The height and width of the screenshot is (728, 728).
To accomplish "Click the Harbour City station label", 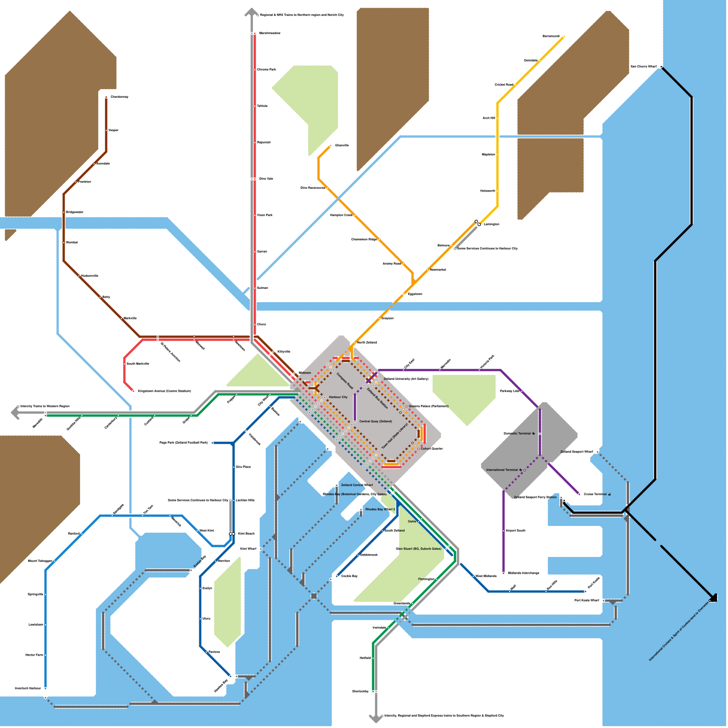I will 338,397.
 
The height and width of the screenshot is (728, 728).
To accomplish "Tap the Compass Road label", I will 344,381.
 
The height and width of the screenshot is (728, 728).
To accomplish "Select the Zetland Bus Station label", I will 377,398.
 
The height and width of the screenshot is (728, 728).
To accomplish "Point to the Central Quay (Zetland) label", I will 375,421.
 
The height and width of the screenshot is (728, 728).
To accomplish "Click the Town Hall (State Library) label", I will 394,436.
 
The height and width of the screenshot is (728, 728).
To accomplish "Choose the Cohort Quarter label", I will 431,449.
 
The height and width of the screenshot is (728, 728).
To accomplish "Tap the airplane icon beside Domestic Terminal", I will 534,434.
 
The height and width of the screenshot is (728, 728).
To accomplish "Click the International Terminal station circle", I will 525,470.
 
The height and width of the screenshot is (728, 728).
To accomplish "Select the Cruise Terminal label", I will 595,494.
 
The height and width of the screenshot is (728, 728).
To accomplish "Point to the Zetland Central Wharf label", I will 357,485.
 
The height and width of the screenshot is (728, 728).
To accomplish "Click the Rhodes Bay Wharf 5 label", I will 380,509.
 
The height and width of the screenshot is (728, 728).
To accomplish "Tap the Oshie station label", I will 412,521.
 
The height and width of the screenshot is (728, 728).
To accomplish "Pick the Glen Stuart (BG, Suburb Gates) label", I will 419,549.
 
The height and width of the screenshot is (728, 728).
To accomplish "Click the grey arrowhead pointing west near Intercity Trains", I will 14,413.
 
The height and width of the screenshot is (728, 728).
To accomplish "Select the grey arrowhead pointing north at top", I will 251,12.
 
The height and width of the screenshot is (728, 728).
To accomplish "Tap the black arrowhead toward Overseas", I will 713,598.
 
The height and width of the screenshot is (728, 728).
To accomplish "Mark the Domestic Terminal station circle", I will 540,434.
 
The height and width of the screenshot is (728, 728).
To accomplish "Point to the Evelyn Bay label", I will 200,561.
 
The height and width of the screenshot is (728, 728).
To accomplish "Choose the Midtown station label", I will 305,373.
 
